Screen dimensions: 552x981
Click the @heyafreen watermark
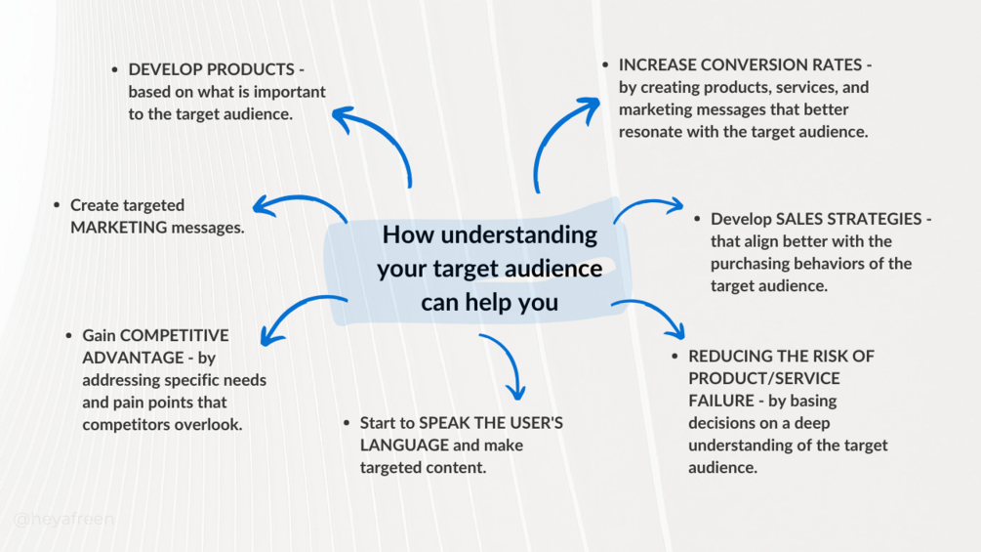pyautogui.click(x=64, y=519)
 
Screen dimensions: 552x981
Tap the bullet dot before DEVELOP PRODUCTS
pyautogui.click(x=115, y=70)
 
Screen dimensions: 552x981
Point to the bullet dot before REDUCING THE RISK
pyautogui.click(x=674, y=357)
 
